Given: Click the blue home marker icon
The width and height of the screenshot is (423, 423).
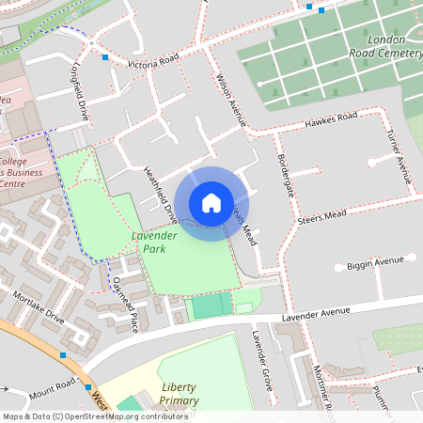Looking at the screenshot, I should (211, 202).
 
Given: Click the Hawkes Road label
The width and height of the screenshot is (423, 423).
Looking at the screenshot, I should (330, 120).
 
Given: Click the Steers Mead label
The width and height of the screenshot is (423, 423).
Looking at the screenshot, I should (321, 217).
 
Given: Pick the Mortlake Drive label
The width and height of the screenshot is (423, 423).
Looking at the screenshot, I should (39, 305).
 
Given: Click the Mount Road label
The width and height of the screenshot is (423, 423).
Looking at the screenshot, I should (52, 384).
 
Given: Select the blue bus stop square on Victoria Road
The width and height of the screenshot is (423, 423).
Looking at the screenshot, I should (104, 57).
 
